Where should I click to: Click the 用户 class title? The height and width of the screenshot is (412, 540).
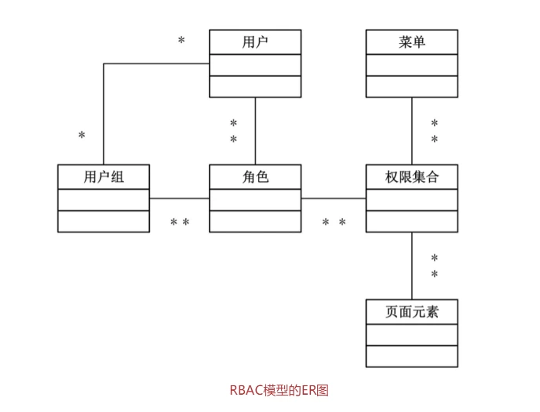click(x=255, y=42)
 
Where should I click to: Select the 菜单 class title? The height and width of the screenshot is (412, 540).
click(x=412, y=42)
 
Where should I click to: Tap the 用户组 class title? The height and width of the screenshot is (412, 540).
click(x=104, y=177)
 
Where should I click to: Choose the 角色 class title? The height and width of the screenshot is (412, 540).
click(x=255, y=177)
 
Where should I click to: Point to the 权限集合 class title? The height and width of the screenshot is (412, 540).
click(x=412, y=177)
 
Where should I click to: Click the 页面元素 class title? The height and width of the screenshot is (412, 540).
click(x=412, y=312)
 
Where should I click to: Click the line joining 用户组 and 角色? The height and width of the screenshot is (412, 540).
click(x=179, y=199)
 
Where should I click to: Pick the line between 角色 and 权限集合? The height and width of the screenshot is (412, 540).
click(x=334, y=199)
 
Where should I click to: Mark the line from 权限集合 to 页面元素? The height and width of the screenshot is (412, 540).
click(x=412, y=266)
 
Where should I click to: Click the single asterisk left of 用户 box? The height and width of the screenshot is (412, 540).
click(x=181, y=41)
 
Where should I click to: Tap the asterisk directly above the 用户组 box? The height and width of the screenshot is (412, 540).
click(x=82, y=137)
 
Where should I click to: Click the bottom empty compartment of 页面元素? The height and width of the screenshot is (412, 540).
click(x=412, y=356)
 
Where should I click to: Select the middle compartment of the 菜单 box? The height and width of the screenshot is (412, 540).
click(x=412, y=65)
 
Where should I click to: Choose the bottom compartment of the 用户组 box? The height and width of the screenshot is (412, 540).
click(x=104, y=221)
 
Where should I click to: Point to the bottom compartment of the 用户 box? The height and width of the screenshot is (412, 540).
click(x=255, y=86)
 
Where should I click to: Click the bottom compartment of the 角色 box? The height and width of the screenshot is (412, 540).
click(x=255, y=221)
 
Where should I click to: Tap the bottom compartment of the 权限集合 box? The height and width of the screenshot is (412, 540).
click(x=412, y=221)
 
